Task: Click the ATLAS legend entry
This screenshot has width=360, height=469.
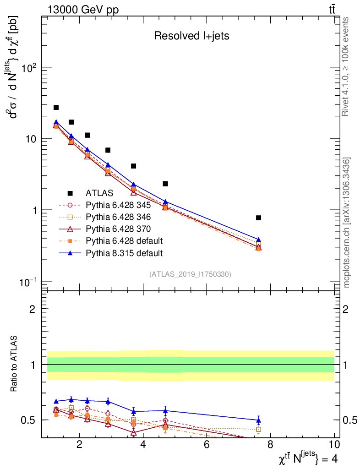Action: click(99, 193)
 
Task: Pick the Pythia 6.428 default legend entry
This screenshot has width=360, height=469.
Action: click(124, 241)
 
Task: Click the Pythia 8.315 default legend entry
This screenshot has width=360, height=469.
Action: click(124, 253)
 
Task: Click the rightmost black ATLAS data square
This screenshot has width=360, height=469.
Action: click(258, 218)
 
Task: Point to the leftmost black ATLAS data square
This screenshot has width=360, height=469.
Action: click(56, 107)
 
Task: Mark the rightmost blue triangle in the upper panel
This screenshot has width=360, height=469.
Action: click(258, 240)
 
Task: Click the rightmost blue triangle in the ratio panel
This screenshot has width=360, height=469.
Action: click(258, 420)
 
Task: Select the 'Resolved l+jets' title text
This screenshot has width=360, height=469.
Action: click(191, 36)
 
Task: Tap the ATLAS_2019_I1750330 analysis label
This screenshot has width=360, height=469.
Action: click(190, 274)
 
